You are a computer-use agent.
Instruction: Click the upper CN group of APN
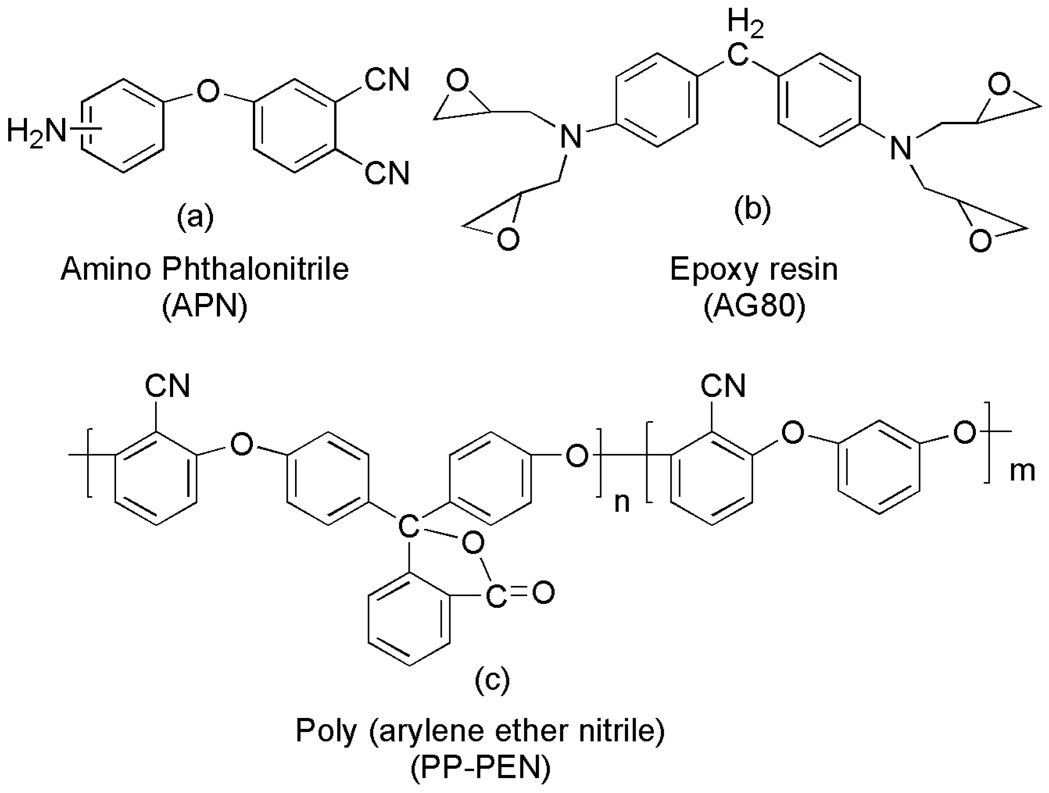coord(386,80)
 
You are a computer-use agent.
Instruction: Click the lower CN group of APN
coord(386,173)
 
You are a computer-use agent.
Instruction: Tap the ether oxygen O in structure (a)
coord(208,91)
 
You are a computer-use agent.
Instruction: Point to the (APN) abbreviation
coord(205,308)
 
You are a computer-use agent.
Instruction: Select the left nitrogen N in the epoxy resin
coord(570,137)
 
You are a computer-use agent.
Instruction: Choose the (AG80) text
coord(754,308)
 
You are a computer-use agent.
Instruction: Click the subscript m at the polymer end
coord(1022,472)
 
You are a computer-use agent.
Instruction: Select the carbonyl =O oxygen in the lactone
coord(543,593)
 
